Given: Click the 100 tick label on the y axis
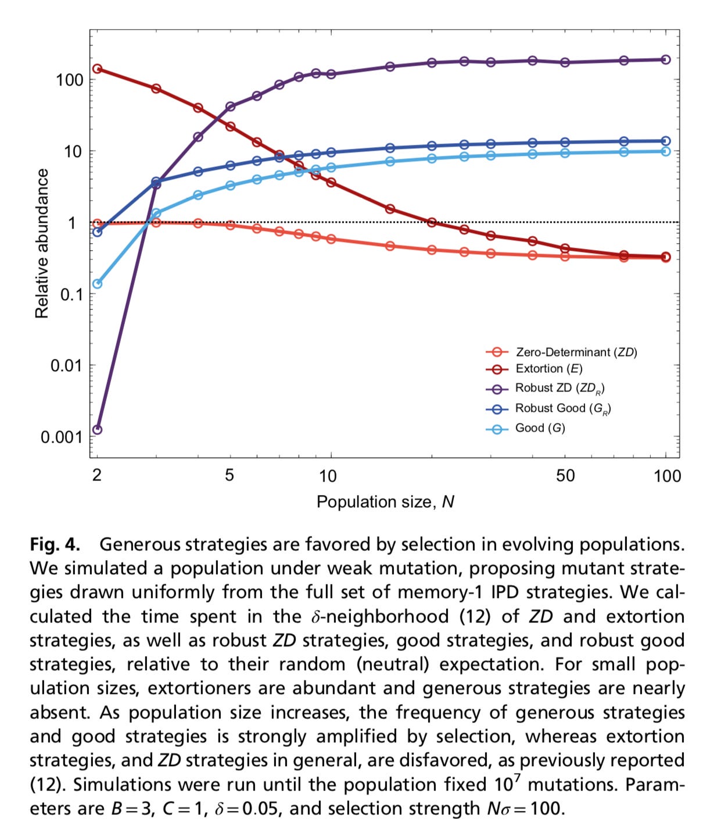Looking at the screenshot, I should [x=70, y=80].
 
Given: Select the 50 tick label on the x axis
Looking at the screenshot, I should [x=565, y=476].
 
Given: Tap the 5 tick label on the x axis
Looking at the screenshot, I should [x=230, y=475].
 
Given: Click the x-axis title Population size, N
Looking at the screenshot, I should [x=385, y=502].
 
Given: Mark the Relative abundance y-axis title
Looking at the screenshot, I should [x=42, y=244].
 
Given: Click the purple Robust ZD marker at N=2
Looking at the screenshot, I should [x=98, y=430].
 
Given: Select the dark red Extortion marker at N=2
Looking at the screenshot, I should [x=98, y=69].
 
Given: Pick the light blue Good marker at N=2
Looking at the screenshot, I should [x=98, y=284].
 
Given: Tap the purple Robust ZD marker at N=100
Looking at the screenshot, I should [x=666, y=60].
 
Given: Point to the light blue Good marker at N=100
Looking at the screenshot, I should [x=666, y=152].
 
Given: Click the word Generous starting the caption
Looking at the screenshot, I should [x=137, y=545].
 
